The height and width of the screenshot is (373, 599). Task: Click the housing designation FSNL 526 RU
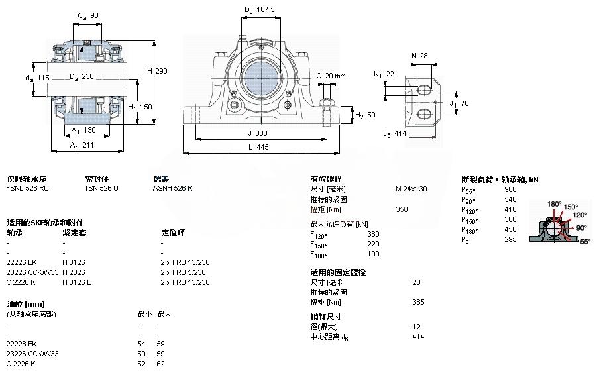(x=27, y=189)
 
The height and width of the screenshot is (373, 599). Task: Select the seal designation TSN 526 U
(x=101, y=189)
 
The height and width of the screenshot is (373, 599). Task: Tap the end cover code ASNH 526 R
(x=172, y=189)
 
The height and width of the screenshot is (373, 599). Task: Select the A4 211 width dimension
(x=83, y=144)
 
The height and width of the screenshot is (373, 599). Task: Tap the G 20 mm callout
(x=330, y=76)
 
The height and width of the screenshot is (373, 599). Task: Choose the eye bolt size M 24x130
(x=411, y=189)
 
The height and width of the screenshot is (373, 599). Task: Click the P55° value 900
(x=510, y=189)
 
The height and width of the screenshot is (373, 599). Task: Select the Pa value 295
(x=510, y=239)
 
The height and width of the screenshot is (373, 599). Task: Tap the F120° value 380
(x=373, y=234)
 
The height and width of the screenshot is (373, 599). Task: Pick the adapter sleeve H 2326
(x=74, y=272)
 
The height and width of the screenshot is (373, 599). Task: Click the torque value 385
(x=417, y=302)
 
